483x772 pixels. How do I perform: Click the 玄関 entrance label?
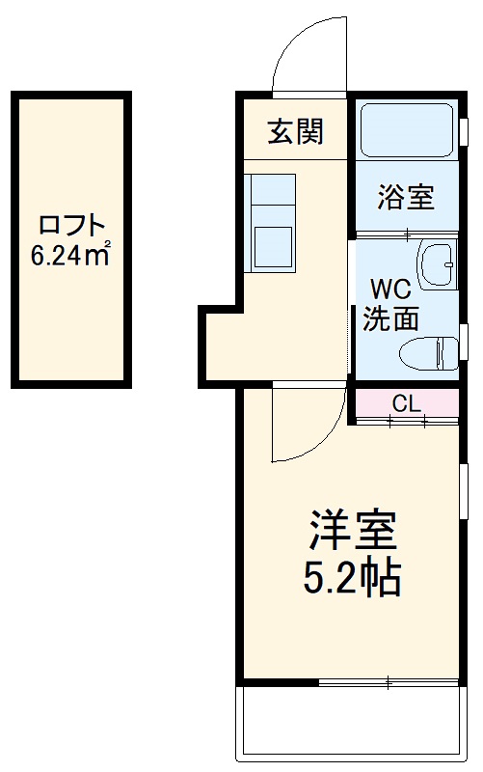(294, 131)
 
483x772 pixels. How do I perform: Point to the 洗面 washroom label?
(390, 318)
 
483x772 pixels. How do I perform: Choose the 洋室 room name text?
(352, 531)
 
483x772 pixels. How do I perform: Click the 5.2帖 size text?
(352, 579)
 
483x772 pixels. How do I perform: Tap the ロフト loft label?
(69, 227)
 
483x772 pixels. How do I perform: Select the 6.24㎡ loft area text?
(69, 256)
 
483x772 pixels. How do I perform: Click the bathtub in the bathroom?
(405, 130)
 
